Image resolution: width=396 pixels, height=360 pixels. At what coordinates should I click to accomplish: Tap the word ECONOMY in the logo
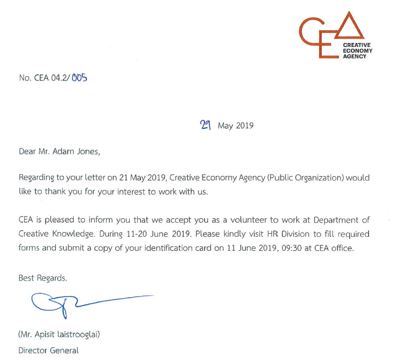358,51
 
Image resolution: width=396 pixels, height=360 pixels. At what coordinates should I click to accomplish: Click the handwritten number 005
79,78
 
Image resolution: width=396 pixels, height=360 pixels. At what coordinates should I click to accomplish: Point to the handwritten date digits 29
207,125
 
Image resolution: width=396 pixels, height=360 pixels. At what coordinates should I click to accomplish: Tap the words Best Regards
43,278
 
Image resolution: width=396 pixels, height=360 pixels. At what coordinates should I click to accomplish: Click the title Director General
49,350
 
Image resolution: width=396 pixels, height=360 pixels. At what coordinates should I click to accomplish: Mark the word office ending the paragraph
343,248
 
